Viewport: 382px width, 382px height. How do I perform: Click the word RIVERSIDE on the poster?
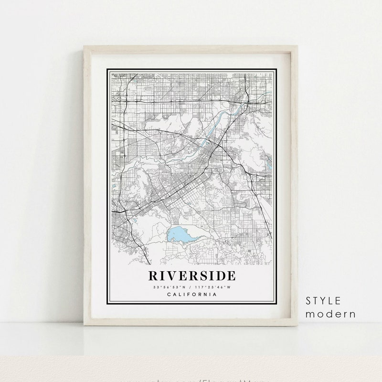click(192, 276)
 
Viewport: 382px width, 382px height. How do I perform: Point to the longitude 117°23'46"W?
click(213, 287)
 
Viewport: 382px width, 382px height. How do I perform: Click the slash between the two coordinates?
click(190, 287)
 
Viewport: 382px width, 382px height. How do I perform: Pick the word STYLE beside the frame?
click(323, 301)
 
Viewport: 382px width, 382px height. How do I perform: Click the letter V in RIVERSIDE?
click(170, 276)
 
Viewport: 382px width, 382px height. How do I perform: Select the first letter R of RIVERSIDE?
click(154, 276)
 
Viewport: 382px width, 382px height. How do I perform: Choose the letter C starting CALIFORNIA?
click(169, 294)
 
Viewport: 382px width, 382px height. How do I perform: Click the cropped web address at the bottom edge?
click(191, 379)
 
